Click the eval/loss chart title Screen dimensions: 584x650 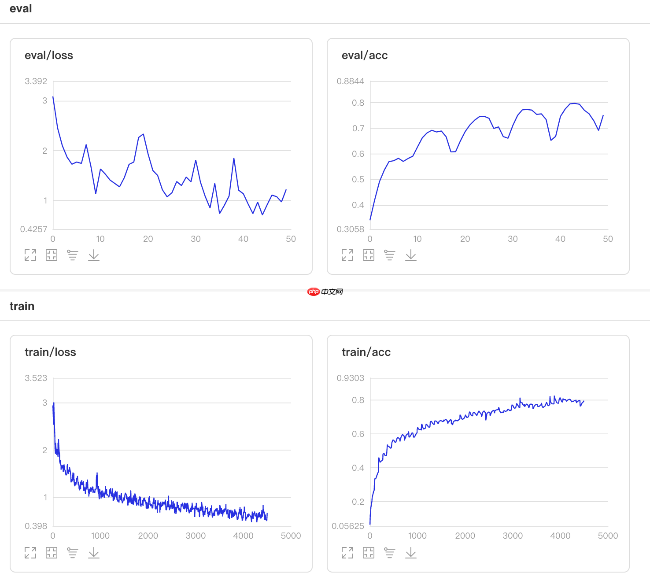click(49, 55)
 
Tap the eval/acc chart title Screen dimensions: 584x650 click(365, 55)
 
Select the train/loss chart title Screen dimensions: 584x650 click(50, 352)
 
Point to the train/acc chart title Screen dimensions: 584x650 click(366, 352)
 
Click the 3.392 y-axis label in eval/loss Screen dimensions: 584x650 click(36, 81)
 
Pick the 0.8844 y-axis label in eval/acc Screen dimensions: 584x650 click(350, 81)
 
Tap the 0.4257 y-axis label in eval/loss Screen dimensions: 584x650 click(33, 229)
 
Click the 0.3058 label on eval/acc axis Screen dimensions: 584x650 click(350, 229)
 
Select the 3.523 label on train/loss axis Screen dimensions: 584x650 click(36, 378)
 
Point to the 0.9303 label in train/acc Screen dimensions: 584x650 click(350, 378)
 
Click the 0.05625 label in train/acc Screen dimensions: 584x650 click(348, 526)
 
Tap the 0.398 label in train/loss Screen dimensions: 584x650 click(36, 526)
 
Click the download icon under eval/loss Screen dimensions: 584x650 click(94, 255)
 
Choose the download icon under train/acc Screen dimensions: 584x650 click(411, 553)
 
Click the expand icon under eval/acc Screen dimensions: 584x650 click(347, 255)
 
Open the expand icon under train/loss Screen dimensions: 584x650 click(30, 553)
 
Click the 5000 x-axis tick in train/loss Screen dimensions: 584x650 click(291, 536)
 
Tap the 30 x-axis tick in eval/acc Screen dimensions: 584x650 click(513, 239)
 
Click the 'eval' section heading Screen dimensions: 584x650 click(21, 9)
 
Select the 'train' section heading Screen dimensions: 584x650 click(22, 306)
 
